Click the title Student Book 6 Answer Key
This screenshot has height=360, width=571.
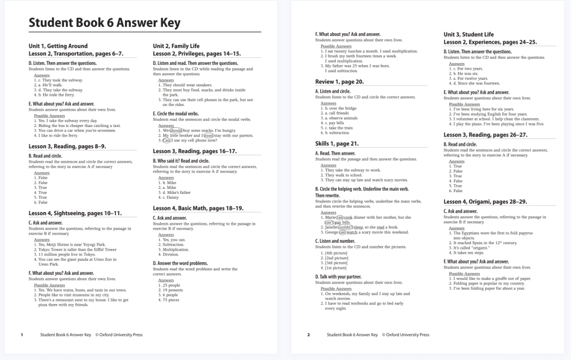point(104,23)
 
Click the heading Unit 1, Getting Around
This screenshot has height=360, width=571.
point(58,46)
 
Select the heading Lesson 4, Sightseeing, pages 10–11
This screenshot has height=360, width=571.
point(75,213)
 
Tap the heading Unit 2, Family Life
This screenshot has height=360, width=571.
point(176,46)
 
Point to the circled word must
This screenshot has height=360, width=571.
point(209,135)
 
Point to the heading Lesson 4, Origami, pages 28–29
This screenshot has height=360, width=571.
point(485,201)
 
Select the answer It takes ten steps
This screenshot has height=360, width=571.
point(468,253)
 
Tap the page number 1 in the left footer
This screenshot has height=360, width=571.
point(22,335)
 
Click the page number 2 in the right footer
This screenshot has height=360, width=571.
point(309,335)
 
